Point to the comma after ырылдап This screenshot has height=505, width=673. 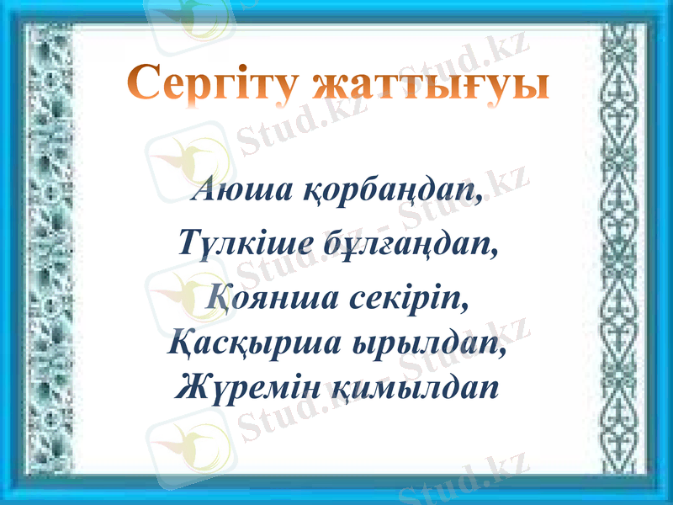click(505, 353)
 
